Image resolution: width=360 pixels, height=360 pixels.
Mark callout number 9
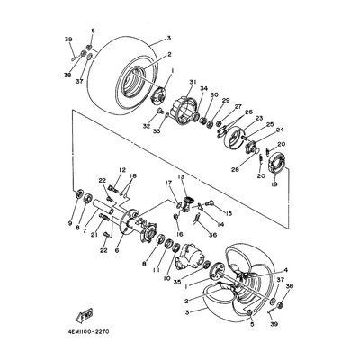pyautogui.click(x=69, y=222)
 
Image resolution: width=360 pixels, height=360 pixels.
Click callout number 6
pyautogui.click(x=116, y=251)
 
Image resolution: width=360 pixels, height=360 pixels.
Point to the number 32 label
pyautogui.click(x=145, y=128)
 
